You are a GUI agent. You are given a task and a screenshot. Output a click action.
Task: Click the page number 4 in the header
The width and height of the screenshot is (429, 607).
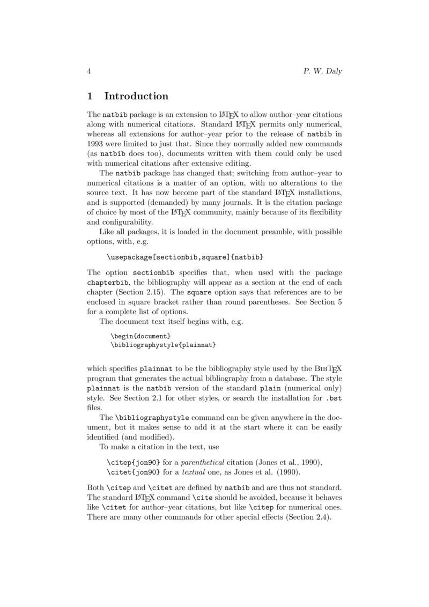click(89, 71)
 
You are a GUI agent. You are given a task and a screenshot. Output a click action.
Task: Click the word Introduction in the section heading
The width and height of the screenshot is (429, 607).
click(136, 97)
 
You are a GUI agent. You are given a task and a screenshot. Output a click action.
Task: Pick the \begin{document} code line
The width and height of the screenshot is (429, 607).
click(140, 336)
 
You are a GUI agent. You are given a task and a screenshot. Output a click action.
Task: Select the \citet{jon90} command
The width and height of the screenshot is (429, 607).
click(134, 472)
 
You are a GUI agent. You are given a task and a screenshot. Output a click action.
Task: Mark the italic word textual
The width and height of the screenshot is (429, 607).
click(194, 472)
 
